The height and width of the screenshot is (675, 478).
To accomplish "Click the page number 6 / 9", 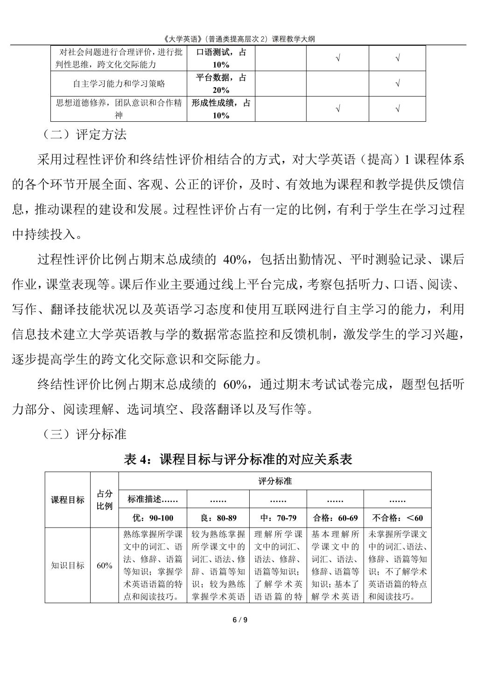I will coord(239,620).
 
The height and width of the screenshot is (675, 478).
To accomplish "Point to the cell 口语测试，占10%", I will coord(221,58).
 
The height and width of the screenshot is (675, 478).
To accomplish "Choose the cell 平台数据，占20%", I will coord(221,84).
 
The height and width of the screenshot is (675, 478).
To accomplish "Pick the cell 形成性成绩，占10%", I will coord(221,109).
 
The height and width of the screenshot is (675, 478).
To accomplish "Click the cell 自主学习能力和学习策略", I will coord(119,84).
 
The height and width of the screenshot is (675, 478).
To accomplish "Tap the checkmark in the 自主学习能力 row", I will coord(397,84).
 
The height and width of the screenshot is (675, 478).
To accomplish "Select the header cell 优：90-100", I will coord(153,518).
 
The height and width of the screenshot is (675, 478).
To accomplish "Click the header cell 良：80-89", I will coord(218,518).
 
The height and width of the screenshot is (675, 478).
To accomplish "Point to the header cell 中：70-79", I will coord(278,518).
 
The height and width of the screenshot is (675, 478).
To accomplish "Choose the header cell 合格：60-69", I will coord(335,518).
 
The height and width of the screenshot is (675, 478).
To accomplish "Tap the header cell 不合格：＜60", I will coord(397,518).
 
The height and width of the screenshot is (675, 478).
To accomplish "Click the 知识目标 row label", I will coord(68,565).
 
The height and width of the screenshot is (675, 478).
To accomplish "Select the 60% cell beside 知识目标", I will coord(105,565).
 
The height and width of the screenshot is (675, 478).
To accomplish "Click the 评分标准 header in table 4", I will coord(275,481).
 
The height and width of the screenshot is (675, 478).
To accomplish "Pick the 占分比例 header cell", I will coord(105,500).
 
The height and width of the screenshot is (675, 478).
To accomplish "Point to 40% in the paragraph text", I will coord(235,259).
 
